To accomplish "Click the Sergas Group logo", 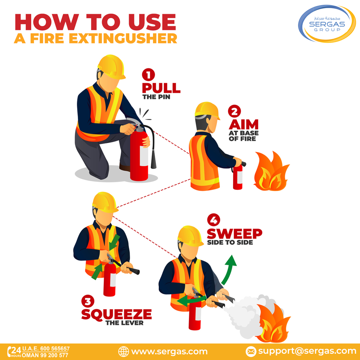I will pyautogui.click(x=327, y=24).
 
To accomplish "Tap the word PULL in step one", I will pyautogui.click(x=161, y=88).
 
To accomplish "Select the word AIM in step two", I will pyautogui.click(x=244, y=124).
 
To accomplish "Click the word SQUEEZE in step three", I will pyautogui.click(x=116, y=314).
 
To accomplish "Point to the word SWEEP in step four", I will pyautogui.click(x=234, y=234).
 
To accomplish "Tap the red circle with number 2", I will pyautogui.click(x=234, y=112).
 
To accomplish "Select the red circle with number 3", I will pyautogui.click(x=88, y=301).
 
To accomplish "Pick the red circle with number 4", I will pyautogui.click(x=214, y=220).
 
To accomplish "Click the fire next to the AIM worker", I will pyautogui.click(x=271, y=172).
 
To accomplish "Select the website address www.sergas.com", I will pyautogui.click(x=169, y=351).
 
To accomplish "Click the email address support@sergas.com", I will pyautogui.click(x=307, y=351).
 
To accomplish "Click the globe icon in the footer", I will pyautogui.click(x=123, y=351).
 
